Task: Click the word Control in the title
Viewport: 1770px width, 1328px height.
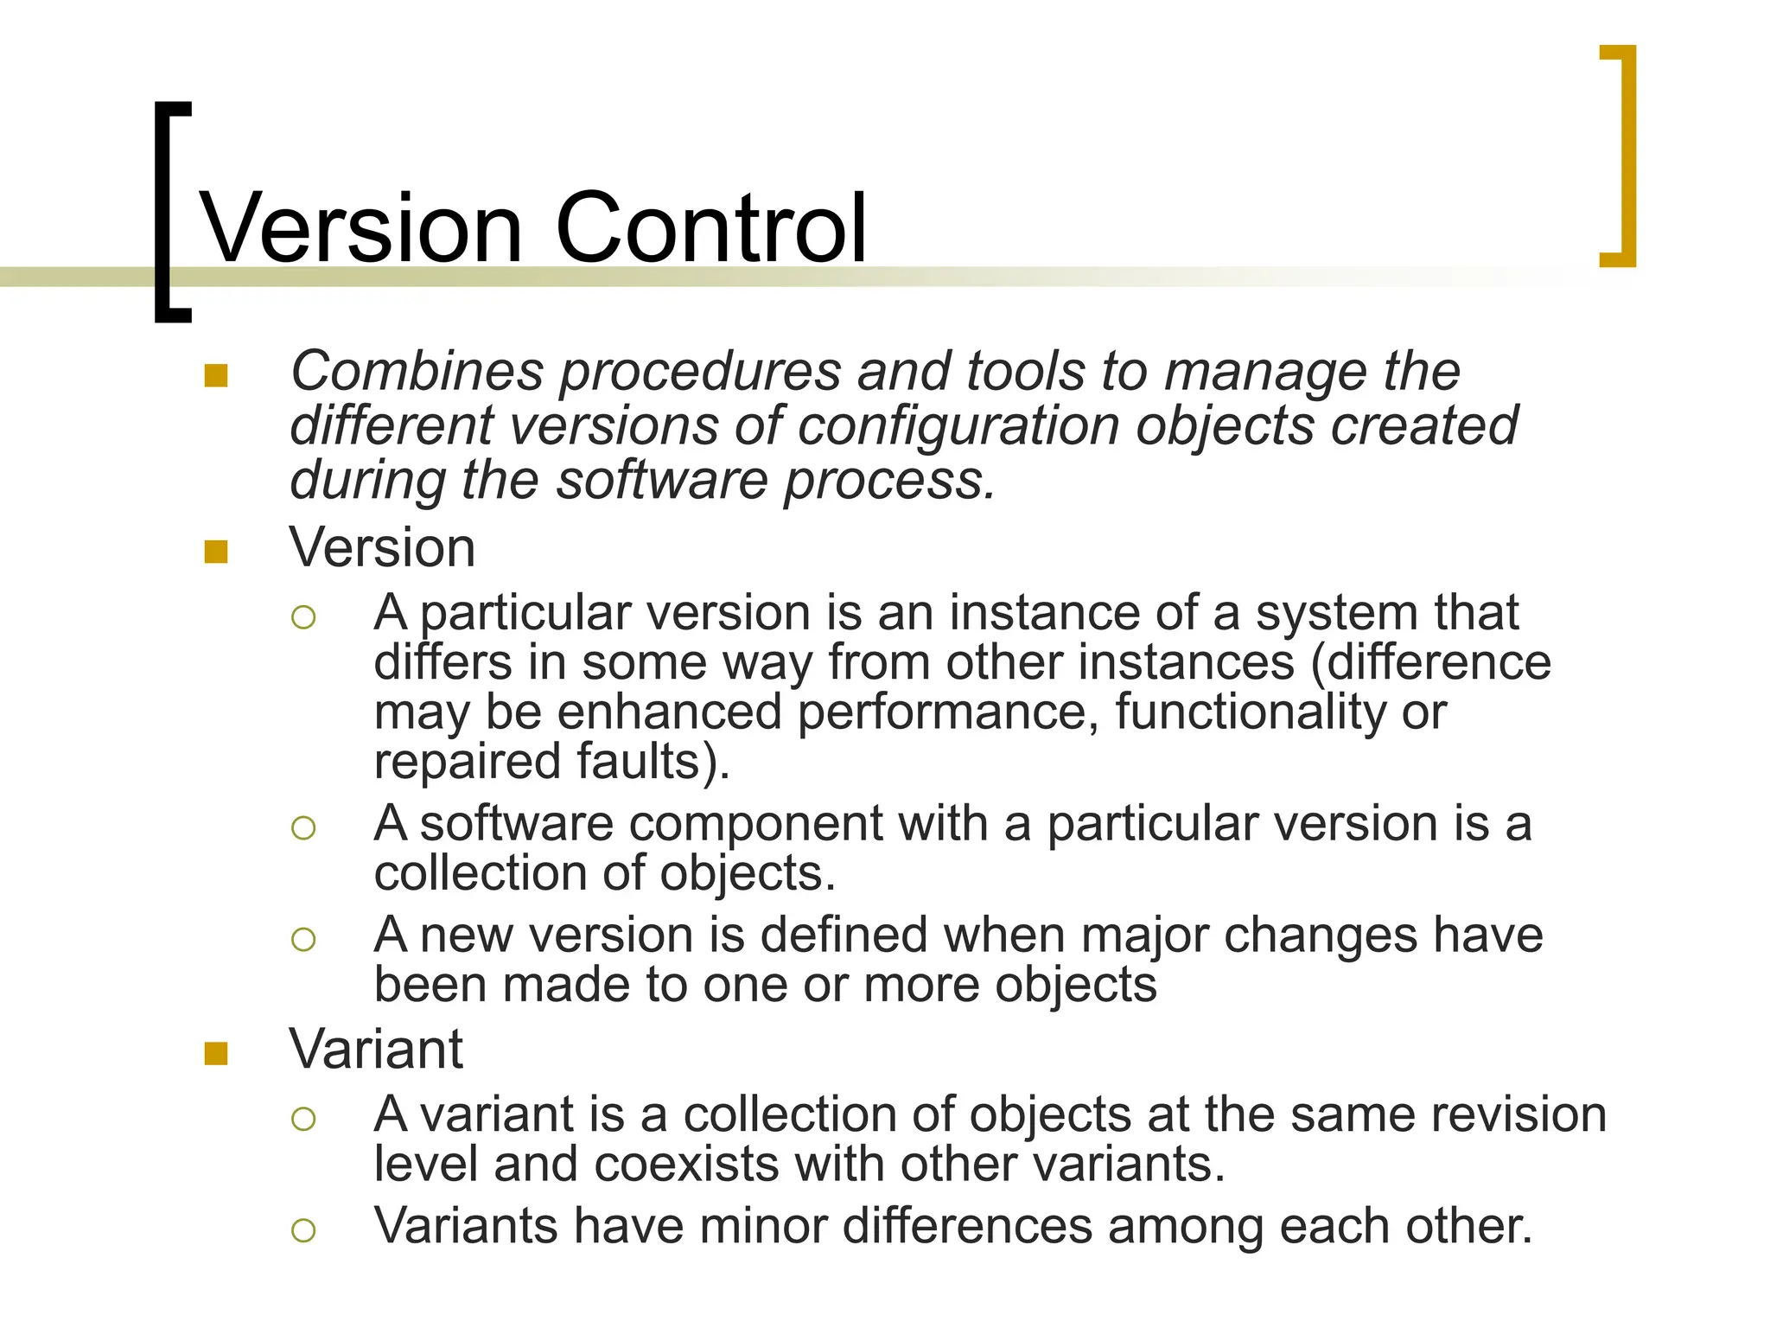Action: pyautogui.click(x=710, y=228)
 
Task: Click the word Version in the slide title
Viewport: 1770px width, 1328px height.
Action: pyautogui.click(x=361, y=228)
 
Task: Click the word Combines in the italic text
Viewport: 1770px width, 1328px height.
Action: pyautogui.click(x=417, y=372)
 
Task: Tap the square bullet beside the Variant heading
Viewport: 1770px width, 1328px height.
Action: pyautogui.click(x=216, y=1053)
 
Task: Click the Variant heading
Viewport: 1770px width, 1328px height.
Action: pyautogui.click(x=376, y=1050)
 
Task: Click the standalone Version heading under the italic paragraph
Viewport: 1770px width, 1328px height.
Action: pyautogui.click(x=382, y=548)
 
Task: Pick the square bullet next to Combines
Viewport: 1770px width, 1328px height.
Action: pyautogui.click(x=216, y=376)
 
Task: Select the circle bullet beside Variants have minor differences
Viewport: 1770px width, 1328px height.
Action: pyautogui.click(x=303, y=1230)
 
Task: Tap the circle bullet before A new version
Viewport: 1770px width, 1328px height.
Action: pyautogui.click(x=303, y=939)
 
